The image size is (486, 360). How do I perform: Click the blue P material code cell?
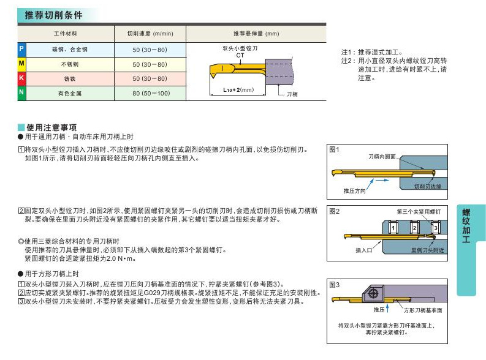(21, 48)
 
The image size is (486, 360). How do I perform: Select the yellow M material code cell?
(21, 64)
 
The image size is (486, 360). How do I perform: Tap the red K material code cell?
(21, 78)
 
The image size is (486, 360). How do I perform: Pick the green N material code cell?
(21, 93)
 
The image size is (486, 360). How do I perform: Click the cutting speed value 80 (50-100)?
(150, 94)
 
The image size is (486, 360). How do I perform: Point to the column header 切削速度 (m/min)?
(150, 33)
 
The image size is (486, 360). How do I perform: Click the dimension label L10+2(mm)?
(238, 90)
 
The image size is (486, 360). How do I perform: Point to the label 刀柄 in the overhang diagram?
(292, 94)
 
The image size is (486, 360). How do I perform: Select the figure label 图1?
(334, 149)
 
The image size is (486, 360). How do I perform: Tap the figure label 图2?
(334, 211)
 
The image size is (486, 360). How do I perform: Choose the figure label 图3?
(334, 284)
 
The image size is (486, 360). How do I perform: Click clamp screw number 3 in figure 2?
(435, 228)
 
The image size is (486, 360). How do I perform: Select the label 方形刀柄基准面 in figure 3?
(423, 310)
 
